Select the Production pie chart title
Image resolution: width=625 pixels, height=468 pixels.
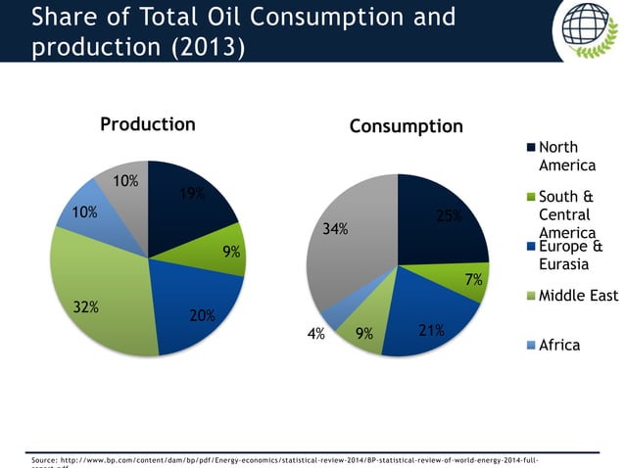click(x=148, y=124)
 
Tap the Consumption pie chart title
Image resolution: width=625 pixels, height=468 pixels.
click(x=406, y=126)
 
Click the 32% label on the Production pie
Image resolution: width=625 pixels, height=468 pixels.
click(x=86, y=306)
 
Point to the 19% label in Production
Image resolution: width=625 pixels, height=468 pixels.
click(x=192, y=194)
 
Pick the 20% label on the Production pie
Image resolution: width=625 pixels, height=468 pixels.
click(x=202, y=316)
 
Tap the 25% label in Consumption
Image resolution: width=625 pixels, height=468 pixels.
click(x=449, y=215)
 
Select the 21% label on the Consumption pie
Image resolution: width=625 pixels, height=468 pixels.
click(x=432, y=331)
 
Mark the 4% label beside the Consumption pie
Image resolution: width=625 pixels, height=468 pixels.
click(x=315, y=334)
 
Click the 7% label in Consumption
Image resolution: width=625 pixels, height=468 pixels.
click(x=474, y=280)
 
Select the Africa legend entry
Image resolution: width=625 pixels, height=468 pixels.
click(x=558, y=345)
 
